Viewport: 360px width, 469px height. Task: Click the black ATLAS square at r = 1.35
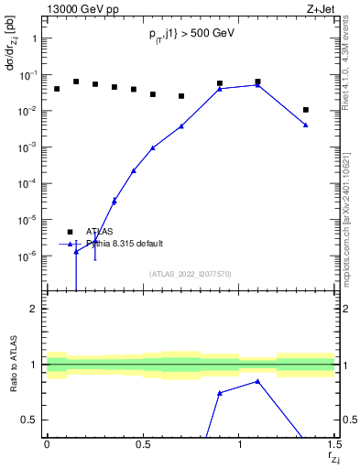coord(306,110)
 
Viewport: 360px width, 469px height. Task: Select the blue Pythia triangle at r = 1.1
coord(258,85)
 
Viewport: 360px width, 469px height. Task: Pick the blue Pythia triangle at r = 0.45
coord(134,170)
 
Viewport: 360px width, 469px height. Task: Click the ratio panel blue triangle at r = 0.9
coord(220,393)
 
